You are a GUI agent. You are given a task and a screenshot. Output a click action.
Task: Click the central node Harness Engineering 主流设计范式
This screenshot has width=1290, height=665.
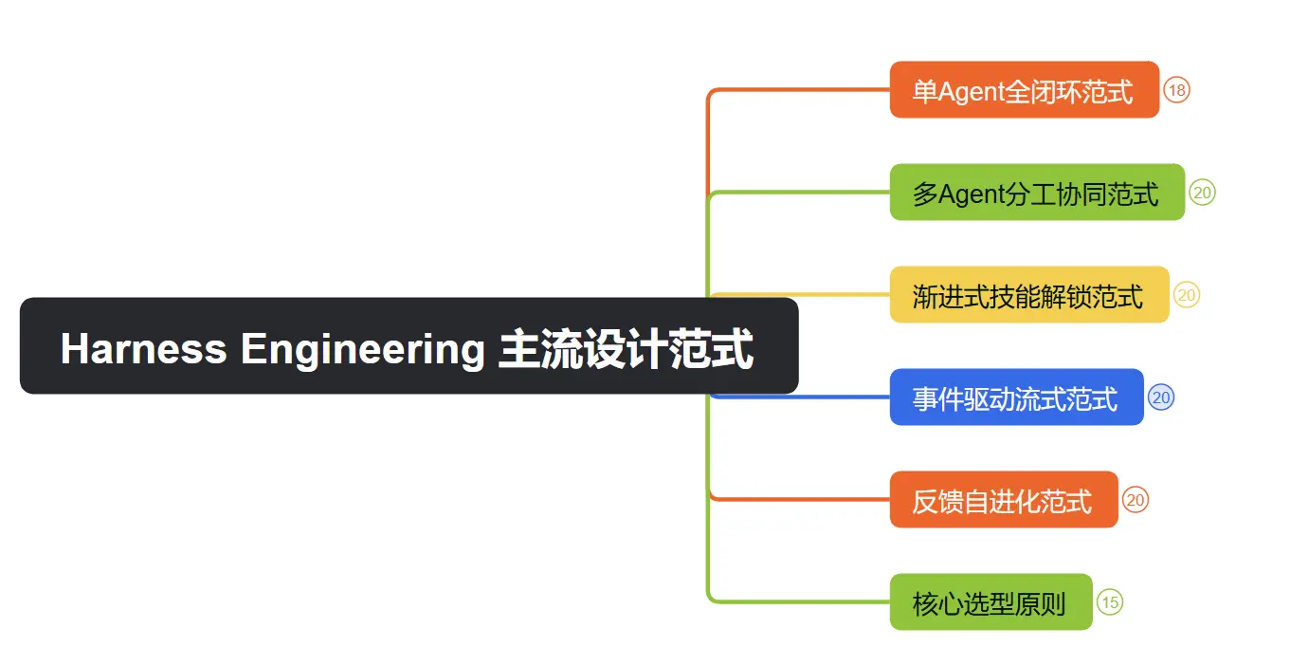(x=409, y=346)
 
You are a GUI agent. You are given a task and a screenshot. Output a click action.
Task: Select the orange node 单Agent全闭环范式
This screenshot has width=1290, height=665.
(x=1024, y=90)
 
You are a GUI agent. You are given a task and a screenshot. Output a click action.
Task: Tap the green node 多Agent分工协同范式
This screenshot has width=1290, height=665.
(x=1036, y=193)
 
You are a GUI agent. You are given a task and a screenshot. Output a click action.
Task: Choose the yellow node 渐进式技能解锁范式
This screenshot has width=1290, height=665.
(x=1028, y=295)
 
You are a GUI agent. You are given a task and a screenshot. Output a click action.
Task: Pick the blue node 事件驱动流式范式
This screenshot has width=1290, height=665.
(x=1016, y=397)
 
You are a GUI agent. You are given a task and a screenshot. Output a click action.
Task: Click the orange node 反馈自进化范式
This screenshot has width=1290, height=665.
(x=1003, y=500)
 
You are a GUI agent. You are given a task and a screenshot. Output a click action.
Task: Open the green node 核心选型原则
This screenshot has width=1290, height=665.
(x=990, y=602)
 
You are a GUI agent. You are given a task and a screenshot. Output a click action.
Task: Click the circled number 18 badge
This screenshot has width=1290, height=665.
(x=1176, y=90)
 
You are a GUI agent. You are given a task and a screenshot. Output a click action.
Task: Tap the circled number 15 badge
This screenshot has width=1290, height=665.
(x=1110, y=602)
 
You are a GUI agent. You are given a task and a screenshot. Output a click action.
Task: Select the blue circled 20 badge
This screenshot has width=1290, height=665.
(x=1161, y=397)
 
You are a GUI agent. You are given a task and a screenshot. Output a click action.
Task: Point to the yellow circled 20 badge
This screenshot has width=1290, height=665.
(x=1187, y=295)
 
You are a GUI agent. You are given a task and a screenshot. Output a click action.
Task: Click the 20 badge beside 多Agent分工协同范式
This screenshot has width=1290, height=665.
(x=1203, y=193)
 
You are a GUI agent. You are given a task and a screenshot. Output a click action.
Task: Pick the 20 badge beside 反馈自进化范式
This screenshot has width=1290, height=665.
(x=1136, y=500)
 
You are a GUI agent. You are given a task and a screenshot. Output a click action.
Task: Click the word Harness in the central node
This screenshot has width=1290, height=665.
(x=143, y=348)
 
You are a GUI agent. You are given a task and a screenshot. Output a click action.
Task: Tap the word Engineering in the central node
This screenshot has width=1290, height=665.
(x=362, y=348)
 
